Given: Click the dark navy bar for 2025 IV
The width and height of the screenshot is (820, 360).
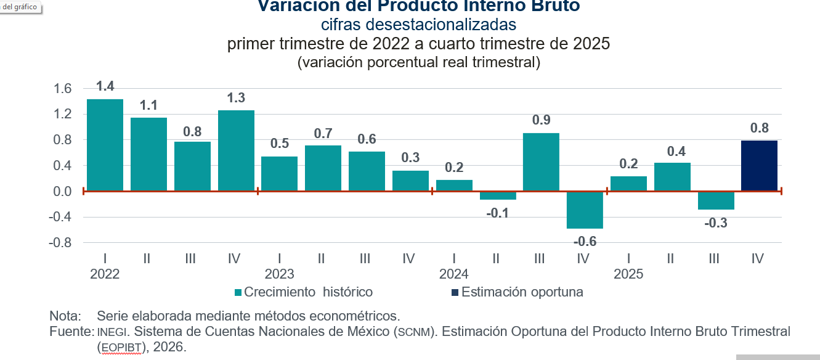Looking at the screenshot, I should click(x=758, y=166).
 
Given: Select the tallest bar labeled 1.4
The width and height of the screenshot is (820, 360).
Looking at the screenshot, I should click(x=105, y=145).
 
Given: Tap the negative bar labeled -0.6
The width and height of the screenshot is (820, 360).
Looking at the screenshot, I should click(x=585, y=210).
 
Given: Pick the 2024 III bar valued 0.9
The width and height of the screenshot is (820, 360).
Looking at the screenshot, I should click(x=541, y=162).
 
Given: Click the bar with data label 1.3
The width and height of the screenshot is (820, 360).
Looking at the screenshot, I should click(x=236, y=150).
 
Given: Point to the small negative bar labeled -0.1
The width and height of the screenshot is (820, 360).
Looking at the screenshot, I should click(x=497, y=195).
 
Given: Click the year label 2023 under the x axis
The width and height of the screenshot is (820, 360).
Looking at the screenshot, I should click(x=279, y=274).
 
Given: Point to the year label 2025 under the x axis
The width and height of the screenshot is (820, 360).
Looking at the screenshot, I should click(x=628, y=274).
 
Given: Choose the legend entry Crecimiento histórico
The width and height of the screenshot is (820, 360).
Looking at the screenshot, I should click(x=307, y=292).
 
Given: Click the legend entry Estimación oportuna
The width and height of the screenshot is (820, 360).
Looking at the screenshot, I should click(x=521, y=292).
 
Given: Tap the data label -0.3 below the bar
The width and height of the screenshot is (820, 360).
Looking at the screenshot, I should click(x=715, y=223).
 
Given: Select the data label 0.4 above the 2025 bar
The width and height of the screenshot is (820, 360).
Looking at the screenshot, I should click(x=672, y=151).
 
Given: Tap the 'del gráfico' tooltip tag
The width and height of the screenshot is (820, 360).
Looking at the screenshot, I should click(x=20, y=7).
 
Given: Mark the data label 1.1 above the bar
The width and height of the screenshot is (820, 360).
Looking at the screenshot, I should click(x=148, y=105).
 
